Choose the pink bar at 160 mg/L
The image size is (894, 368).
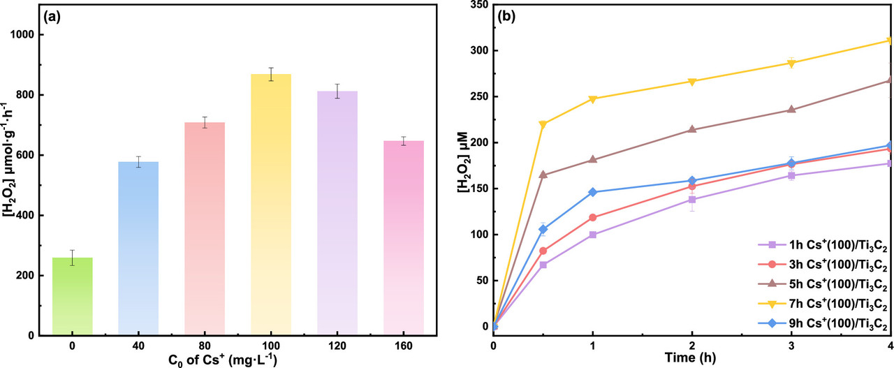tap(404, 238)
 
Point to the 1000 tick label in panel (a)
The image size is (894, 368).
tap(24, 35)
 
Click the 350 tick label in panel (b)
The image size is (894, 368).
tap(477, 5)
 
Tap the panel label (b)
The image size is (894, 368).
tap(506, 16)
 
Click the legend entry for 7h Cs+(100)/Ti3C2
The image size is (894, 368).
tap(823, 304)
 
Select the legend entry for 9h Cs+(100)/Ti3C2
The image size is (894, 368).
tap(823, 325)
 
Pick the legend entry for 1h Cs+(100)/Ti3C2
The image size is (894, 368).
tap(823, 244)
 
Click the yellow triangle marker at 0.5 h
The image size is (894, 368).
tap(543, 125)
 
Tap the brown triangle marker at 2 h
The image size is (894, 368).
tap(692, 129)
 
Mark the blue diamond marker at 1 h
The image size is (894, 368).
tap(593, 192)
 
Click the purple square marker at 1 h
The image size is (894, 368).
tap(593, 235)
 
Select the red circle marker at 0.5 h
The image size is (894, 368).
tap(543, 251)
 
